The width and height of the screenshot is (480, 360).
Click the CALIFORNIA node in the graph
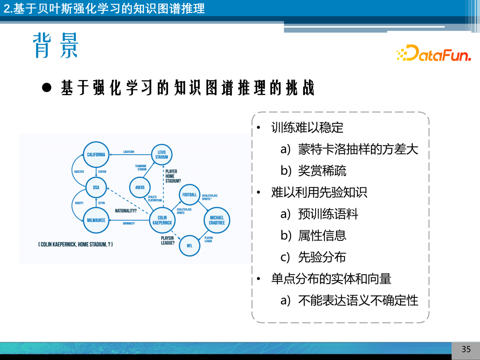(96, 155)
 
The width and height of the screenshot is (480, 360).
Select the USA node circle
(96, 188)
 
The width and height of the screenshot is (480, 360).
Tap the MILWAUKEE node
(96, 220)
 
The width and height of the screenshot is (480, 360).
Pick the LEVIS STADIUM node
(162, 154)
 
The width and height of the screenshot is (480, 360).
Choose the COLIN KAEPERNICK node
(162, 220)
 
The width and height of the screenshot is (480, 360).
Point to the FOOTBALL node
(190, 195)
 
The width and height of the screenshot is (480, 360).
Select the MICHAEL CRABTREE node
(217, 220)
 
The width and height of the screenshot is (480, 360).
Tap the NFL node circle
(189, 245)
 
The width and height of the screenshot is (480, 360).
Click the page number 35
(466, 349)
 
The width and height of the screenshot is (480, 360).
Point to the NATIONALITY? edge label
(125, 211)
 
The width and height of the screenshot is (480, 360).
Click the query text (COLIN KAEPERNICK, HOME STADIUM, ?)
(75, 244)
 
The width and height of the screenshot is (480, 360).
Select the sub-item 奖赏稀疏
(322, 171)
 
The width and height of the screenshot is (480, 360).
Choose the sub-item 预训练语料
(328, 214)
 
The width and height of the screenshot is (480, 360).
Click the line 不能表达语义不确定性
(358, 300)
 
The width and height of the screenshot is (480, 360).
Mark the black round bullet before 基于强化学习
(47, 88)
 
